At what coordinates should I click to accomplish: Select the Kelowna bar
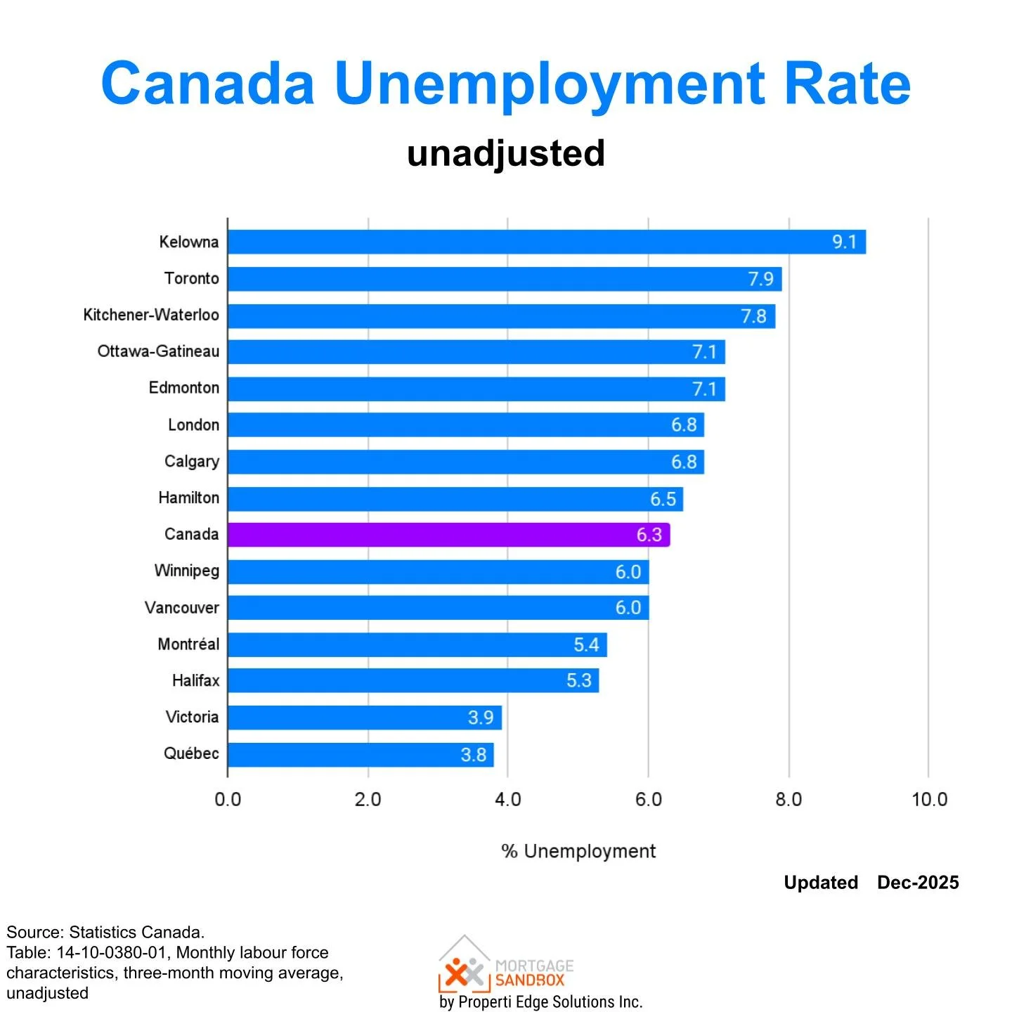coord(546,242)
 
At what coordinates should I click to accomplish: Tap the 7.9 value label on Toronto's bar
coord(760,279)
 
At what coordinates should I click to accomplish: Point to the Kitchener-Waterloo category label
coord(151,315)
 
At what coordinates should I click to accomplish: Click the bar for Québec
coord(360,755)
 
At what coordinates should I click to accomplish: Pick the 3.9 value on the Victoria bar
coord(481,718)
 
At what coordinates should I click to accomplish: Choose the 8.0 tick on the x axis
coord(789,800)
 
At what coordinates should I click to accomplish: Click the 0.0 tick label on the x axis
coord(228,800)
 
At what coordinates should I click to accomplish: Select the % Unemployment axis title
coord(578,851)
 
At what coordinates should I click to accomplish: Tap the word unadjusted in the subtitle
coord(506,153)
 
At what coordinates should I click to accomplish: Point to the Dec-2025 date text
coord(918,883)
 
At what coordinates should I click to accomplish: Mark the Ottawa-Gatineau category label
coord(158,351)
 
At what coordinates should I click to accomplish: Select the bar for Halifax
coord(413,681)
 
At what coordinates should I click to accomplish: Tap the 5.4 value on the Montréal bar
coord(586,644)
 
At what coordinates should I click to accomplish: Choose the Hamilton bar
coord(455,499)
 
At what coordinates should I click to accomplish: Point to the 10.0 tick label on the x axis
coord(929,800)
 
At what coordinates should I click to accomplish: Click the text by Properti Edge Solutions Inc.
coord(540,1001)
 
